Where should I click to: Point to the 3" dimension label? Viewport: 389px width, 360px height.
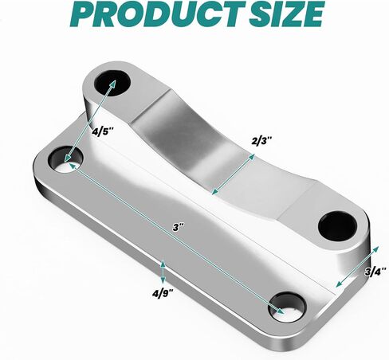click(179, 226)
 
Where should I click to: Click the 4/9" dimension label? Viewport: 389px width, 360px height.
click(163, 301)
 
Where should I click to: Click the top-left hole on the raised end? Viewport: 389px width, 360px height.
click(108, 82)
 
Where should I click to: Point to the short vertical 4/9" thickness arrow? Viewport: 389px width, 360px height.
click(163, 272)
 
